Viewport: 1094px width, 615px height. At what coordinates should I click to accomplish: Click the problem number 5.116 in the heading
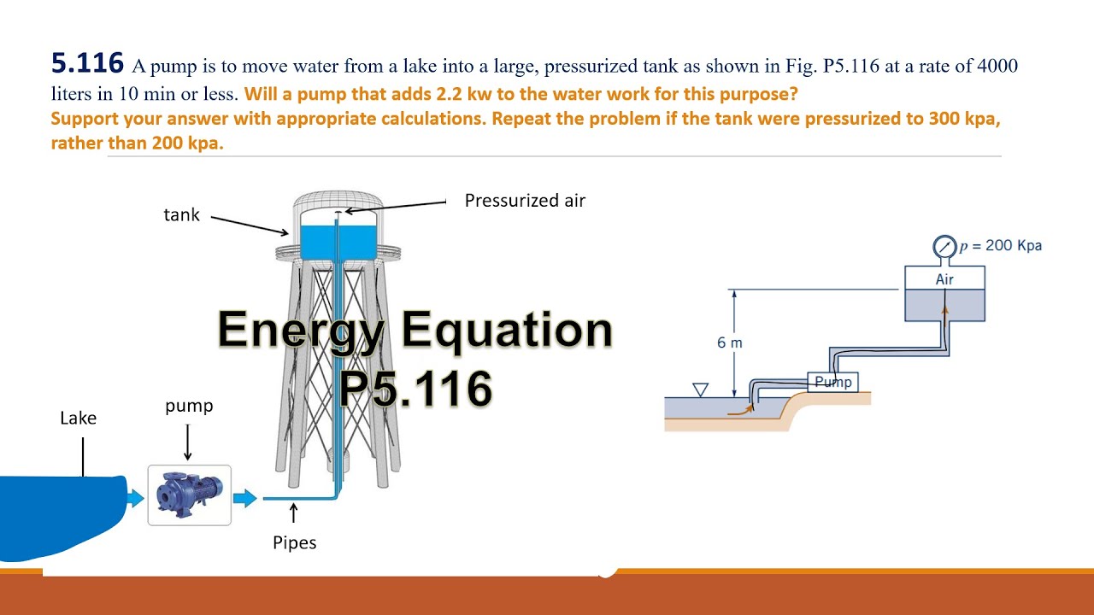tap(87, 64)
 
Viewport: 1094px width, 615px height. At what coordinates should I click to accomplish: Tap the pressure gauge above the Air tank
tap(944, 248)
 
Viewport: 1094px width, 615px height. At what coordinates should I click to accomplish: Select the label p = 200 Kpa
tap(1000, 246)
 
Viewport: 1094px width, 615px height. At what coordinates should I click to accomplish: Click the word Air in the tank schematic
tap(944, 279)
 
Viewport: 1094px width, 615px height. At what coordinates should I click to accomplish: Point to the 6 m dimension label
tap(729, 343)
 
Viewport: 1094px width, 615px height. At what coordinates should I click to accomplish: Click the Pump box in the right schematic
tap(832, 382)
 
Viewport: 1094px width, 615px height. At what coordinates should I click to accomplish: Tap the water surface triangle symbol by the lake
tap(701, 389)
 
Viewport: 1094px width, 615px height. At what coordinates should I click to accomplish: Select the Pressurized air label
tap(525, 201)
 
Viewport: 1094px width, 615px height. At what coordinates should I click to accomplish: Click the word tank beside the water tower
tap(181, 215)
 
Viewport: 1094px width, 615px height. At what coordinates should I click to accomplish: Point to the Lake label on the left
tap(78, 419)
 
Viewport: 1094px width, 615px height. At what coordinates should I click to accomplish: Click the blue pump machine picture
tap(189, 495)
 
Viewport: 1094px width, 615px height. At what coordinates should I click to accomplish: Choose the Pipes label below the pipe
tap(295, 542)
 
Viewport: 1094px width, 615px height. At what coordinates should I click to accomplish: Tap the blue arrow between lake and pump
tap(135, 498)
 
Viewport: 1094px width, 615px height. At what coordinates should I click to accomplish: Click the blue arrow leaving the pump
tap(245, 498)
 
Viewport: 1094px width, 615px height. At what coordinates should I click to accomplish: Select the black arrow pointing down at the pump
tap(188, 443)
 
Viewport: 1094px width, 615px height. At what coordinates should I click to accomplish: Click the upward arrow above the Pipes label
tap(294, 512)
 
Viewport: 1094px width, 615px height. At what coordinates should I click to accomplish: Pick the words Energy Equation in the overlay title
tap(415, 329)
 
